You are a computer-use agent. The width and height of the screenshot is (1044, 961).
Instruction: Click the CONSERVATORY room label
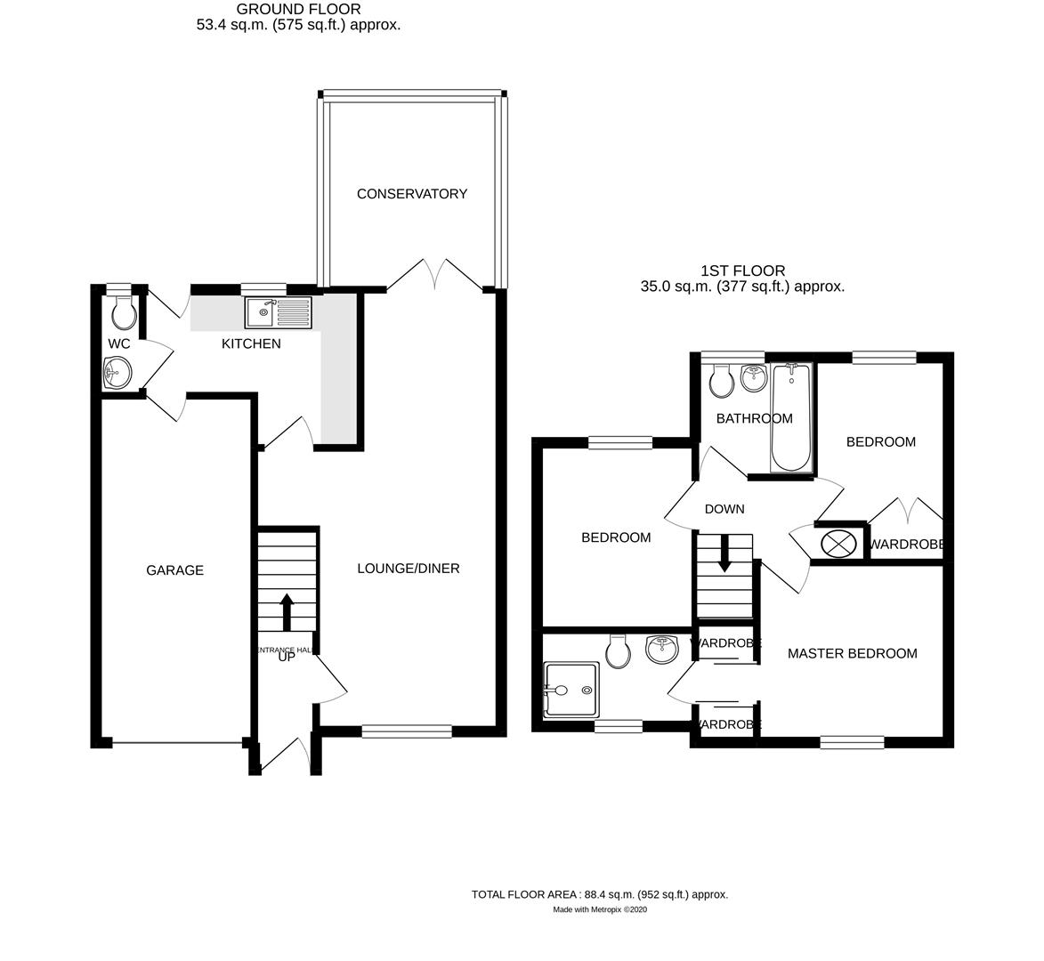pyautogui.click(x=411, y=194)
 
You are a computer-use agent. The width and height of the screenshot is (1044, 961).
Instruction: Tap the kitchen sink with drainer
pyautogui.click(x=279, y=311)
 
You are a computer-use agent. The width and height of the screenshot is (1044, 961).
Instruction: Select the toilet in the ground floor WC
pyautogui.click(x=123, y=311)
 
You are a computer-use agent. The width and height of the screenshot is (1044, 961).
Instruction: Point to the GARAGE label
pyautogui.click(x=174, y=570)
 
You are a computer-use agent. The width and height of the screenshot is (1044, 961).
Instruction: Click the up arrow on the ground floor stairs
pyautogui.click(x=287, y=612)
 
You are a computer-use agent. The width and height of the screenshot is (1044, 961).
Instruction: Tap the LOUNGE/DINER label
pyautogui.click(x=409, y=569)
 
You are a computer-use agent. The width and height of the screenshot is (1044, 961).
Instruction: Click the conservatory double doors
pyautogui.click(x=435, y=274)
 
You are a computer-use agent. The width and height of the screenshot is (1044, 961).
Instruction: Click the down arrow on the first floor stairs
pyautogui.click(x=724, y=552)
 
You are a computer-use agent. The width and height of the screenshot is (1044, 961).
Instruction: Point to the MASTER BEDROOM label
pyautogui.click(x=852, y=654)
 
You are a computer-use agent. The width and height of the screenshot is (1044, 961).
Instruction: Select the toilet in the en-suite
pyautogui.click(x=618, y=651)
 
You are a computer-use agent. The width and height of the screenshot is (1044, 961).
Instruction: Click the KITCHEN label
pyautogui.click(x=251, y=343)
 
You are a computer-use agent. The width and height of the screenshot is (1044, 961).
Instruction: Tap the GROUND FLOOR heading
pyautogui.click(x=298, y=10)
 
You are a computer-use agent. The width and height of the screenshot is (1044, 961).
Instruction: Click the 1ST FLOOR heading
pyautogui.click(x=742, y=271)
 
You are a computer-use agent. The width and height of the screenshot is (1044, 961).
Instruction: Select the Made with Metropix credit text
pyautogui.click(x=600, y=909)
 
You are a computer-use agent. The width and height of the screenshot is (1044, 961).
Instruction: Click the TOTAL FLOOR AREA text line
pyautogui.click(x=600, y=894)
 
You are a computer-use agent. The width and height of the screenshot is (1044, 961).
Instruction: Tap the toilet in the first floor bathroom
pyautogui.click(x=721, y=381)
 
